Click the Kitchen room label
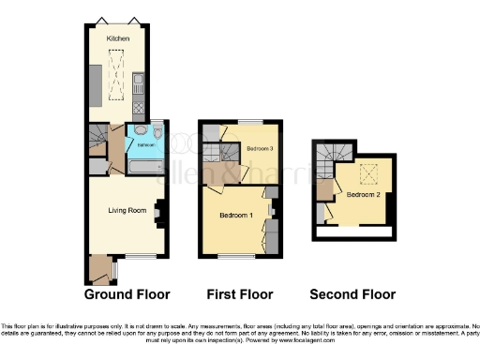[117, 38]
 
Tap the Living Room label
[127, 211]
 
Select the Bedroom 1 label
[236, 215]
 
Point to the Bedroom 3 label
[260, 149]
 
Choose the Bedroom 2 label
[362, 195]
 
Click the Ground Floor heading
[127, 293]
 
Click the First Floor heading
[239, 293]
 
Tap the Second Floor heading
[352, 293]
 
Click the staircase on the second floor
[328, 162]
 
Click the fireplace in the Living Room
[159, 213]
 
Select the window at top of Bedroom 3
[254, 122]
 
